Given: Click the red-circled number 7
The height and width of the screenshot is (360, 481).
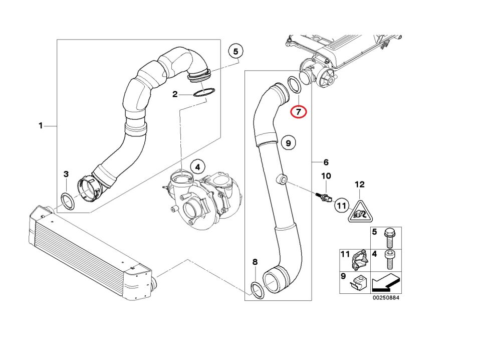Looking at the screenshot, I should [x=299, y=111].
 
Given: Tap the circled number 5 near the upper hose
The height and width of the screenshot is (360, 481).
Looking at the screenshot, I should [x=235, y=51].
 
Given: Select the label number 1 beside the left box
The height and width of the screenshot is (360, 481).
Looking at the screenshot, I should [x=41, y=126].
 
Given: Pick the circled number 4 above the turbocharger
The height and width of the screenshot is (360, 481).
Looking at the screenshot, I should [x=197, y=166].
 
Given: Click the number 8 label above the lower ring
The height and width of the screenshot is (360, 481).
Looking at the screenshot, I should [x=255, y=262].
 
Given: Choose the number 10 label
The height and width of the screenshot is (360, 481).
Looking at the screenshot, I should [x=326, y=176].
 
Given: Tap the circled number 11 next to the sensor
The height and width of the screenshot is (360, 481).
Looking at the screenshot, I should [x=342, y=205].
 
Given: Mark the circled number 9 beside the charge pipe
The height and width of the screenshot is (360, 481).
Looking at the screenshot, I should [x=288, y=143].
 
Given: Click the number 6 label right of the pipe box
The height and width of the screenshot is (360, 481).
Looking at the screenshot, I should [x=326, y=162].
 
